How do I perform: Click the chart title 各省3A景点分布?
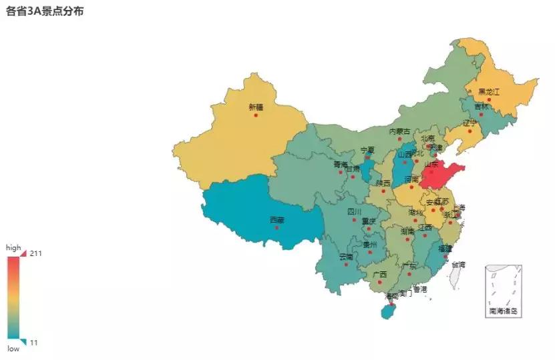pyautogui.click(x=45, y=11)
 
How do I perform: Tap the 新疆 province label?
pyautogui.click(x=256, y=107)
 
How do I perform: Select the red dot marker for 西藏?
pyautogui.click(x=276, y=227)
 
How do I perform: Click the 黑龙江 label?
pyautogui.click(x=488, y=92)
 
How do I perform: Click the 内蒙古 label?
pyautogui.click(x=400, y=131)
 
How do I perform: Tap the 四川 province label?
pyautogui.click(x=354, y=212)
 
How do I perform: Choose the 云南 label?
pyautogui.click(x=346, y=257)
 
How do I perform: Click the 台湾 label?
pyautogui.click(x=458, y=265)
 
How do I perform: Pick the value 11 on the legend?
pyautogui.click(x=34, y=343)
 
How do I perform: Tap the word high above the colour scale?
pyautogui.click(x=13, y=247)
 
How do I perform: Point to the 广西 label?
pyautogui.click(x=380, y=274)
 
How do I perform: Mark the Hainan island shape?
pyautogui.click(x=387, y=311)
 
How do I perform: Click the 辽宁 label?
pyautogui.click(x=470, y=123)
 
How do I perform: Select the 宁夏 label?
pyautogui.click(x=367, y=150)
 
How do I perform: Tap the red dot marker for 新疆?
pyautogui.click(x=256, y=115)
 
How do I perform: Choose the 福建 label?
pyautogui.click(x=445, y=248)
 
